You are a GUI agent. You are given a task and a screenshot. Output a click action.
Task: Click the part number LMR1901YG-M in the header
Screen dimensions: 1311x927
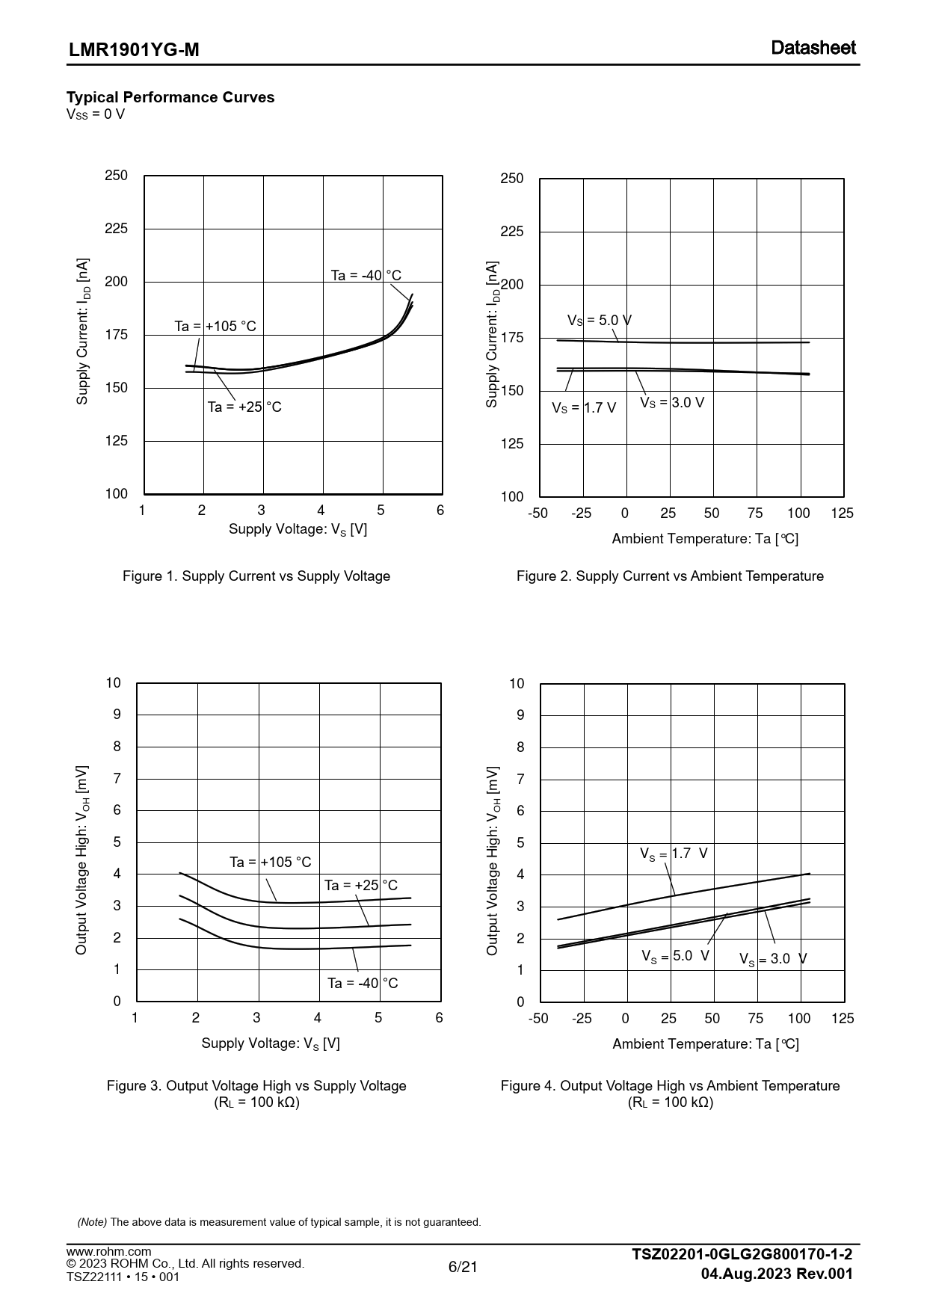[x=134, y=50]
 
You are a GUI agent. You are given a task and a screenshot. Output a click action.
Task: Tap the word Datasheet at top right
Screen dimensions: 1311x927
[x=813, y=48]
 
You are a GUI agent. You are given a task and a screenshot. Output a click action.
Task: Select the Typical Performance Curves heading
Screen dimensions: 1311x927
[x=170, y=97]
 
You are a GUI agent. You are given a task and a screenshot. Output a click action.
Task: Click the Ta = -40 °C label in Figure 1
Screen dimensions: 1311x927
[x=366, y=275]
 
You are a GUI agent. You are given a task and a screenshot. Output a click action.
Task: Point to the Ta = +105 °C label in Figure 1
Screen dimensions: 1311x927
[x=215, y=326]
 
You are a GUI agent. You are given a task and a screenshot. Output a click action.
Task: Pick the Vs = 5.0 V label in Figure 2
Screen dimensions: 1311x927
[x=599, y=321]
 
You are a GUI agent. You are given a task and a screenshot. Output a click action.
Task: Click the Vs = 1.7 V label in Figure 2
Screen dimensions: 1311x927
[x=584, y=408]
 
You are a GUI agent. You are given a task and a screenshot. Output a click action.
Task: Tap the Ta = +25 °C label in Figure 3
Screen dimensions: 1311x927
[x=361, y=885]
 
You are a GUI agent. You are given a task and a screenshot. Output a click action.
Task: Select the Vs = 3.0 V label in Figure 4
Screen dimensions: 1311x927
[x=773, y=959]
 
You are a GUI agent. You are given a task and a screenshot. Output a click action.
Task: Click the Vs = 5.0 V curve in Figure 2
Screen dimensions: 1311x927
[x=710, y=342]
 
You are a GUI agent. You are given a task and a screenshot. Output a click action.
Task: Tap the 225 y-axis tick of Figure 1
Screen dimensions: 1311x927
[x=117, y=229]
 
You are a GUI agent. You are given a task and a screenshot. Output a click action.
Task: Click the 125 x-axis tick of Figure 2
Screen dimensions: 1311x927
[x=842, y=513]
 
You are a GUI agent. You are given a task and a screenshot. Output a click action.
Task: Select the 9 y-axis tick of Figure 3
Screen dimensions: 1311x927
[x=117, y=715]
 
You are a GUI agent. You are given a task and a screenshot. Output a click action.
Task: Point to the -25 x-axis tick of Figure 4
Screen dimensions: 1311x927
[x=582, y=1019]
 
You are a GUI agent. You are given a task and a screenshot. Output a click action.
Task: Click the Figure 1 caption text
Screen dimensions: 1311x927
[x=256, y=576]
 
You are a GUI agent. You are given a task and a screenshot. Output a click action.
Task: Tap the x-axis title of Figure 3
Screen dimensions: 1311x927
[x=271, y=1043]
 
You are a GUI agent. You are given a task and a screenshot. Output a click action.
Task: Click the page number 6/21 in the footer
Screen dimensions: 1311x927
[x=463, y=1267]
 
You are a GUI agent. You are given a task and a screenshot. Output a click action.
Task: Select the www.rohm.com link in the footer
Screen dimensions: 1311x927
[x=108, y=1251]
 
